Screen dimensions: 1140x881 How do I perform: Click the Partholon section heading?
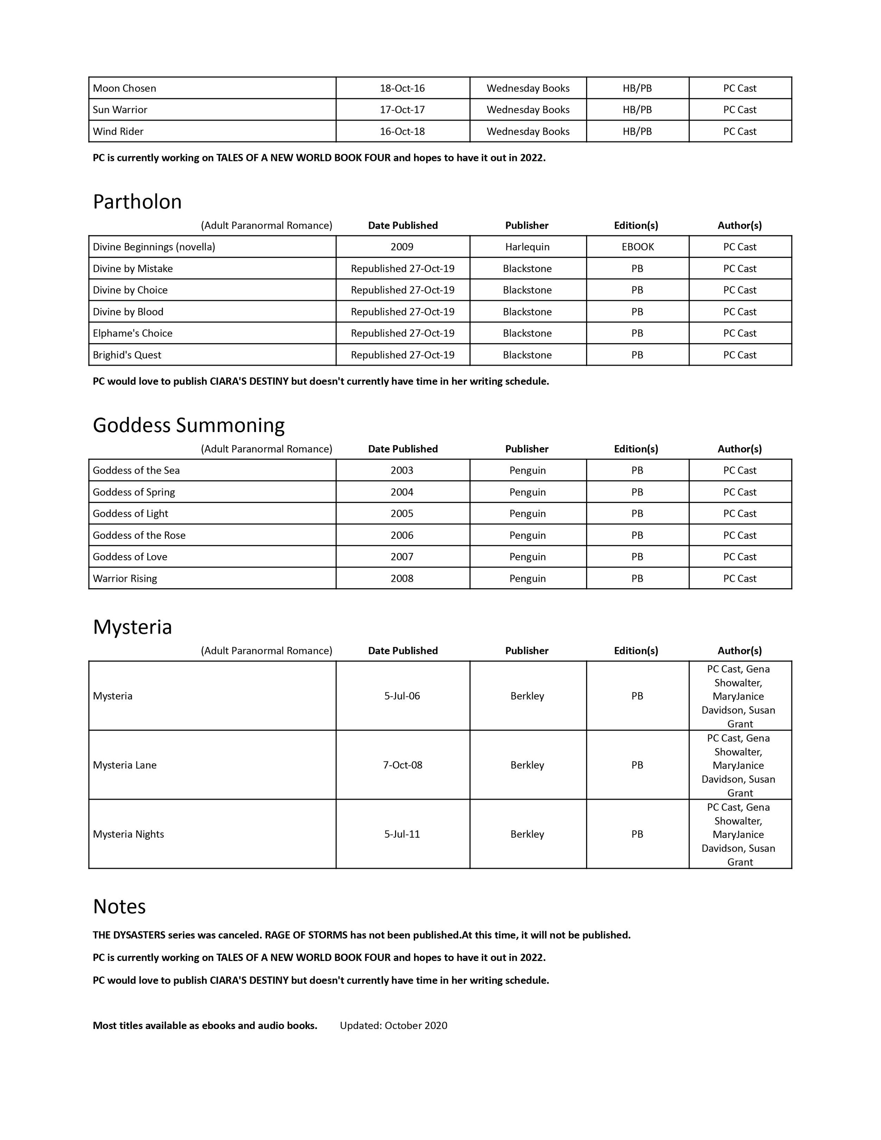[x=137, y=202]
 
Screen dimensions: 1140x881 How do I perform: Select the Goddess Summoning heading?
[x=189, y=425]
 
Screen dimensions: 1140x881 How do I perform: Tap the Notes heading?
[x=119, y=907]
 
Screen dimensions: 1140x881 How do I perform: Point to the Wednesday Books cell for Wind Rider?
[x=528, y=131]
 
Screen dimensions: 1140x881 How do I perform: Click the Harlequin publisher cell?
[x=527, y=247]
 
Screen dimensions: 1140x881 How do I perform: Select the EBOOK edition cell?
[x=637, y=247]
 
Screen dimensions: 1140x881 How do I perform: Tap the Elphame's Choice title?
[x=133, y=333]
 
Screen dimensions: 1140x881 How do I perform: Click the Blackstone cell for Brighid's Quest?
[x=527, y=355]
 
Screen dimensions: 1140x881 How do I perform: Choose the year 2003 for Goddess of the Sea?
[x=402, y=470]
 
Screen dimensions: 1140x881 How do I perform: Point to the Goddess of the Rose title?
[x=139, y=535]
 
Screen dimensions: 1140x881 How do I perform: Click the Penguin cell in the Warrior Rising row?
[x=527, y=578]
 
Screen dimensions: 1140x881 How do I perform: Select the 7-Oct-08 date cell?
[x=402, y=765]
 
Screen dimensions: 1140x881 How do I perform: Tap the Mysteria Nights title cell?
[x=128, y=834]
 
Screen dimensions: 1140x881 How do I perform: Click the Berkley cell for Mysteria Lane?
[x=527, y=765]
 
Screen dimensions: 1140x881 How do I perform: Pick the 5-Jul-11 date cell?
[x=402, y=834]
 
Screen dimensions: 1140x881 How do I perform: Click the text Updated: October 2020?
[x=394, y=1025]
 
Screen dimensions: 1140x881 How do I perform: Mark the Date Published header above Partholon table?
[x=402, y=226]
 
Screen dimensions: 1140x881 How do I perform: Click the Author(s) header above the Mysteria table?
[x=740, y=651]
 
